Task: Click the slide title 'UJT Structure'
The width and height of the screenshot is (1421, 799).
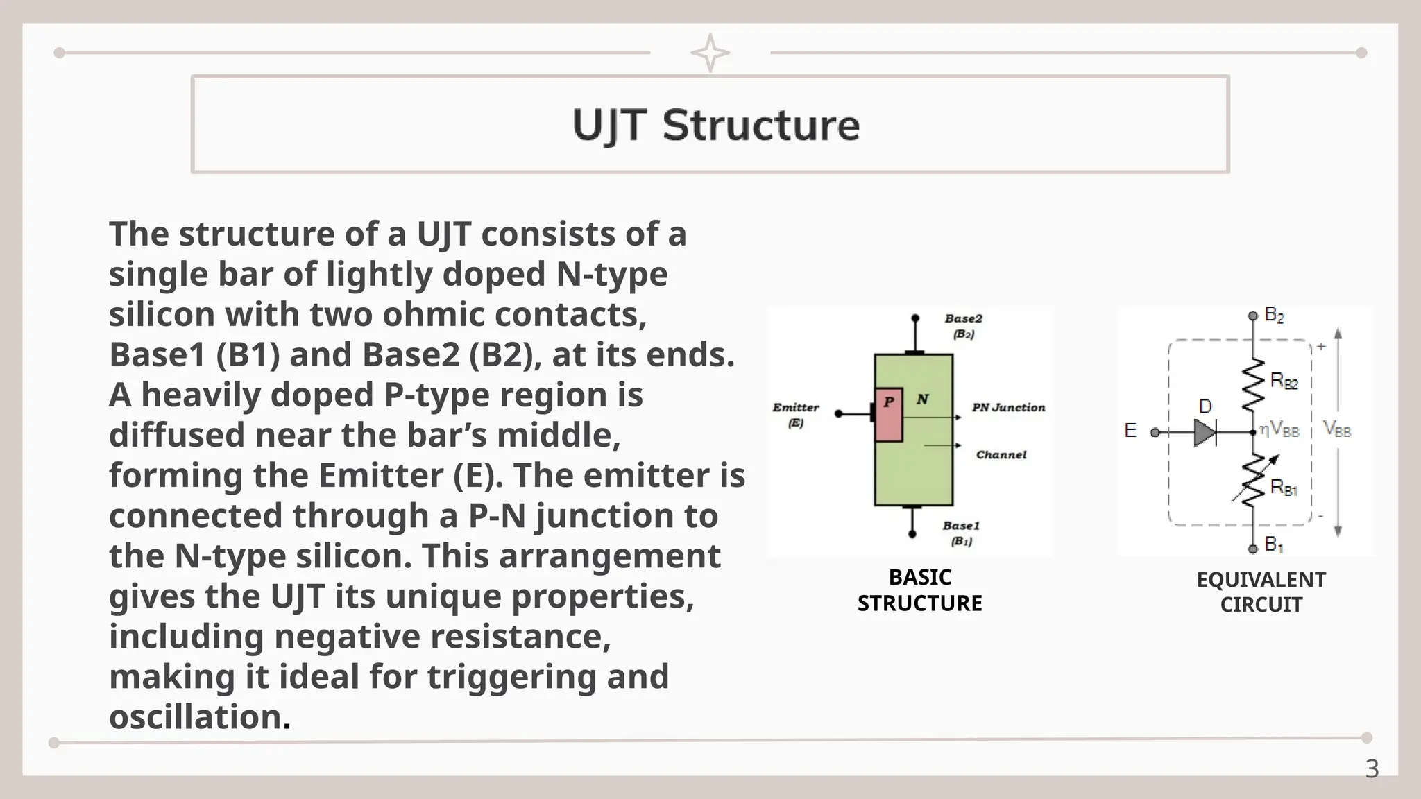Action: pos(715,126)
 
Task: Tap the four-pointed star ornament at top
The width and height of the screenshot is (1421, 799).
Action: pos(710,53)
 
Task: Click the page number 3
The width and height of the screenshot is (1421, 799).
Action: pos(1371,769)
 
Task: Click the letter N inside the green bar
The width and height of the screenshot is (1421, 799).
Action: pos(922,399)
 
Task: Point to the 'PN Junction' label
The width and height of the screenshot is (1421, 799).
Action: pos(1007,408)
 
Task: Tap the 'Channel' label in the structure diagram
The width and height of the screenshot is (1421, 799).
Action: pos(1001,455)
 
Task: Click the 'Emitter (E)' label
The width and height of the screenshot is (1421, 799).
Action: pos(796,414)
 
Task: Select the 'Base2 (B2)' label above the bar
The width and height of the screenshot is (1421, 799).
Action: pos(963,326)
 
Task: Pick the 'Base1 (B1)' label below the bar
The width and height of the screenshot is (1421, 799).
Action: pos(961,533)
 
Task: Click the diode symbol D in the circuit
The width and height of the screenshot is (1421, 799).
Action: pos(1205,433)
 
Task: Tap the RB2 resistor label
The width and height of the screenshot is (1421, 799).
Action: pos(1284,381)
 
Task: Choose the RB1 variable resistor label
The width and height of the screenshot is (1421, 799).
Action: pos(1284,488)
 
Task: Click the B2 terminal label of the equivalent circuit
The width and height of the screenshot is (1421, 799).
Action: pos(1274,315)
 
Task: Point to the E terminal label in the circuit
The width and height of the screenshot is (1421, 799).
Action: pos(1130,431)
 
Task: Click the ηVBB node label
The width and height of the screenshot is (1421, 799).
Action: pos(1279,431)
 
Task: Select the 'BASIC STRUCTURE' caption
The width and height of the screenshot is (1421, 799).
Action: pos(919,590)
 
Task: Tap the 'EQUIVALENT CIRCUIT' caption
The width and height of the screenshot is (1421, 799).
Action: pos(1261,592)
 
